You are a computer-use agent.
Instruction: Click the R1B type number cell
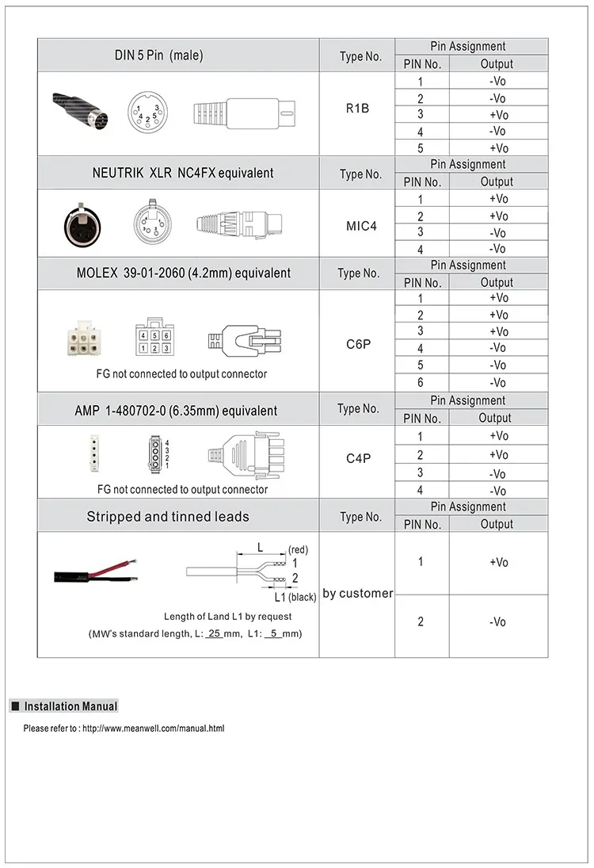pos(357,108)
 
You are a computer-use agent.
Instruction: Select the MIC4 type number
pos(361,226)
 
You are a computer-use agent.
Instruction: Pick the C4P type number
pos(358,458)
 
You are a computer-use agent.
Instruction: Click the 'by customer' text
pos(357,593)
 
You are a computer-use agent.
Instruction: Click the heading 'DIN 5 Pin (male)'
pos(158,55)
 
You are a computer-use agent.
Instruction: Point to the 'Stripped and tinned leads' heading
pos(168,517)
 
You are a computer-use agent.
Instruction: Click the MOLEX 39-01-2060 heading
pos(184,273)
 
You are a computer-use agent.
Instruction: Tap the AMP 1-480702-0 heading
pos(176,411)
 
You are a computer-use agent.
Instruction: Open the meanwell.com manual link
pos(154,728)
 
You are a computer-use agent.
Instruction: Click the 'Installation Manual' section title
pos(70,706)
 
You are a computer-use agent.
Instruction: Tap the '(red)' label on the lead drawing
pos(298,549)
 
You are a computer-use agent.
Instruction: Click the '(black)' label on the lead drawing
pos(303,598)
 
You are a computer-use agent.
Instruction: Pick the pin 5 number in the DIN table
pos(421,148)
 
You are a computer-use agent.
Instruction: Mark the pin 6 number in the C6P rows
pos(421,383)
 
